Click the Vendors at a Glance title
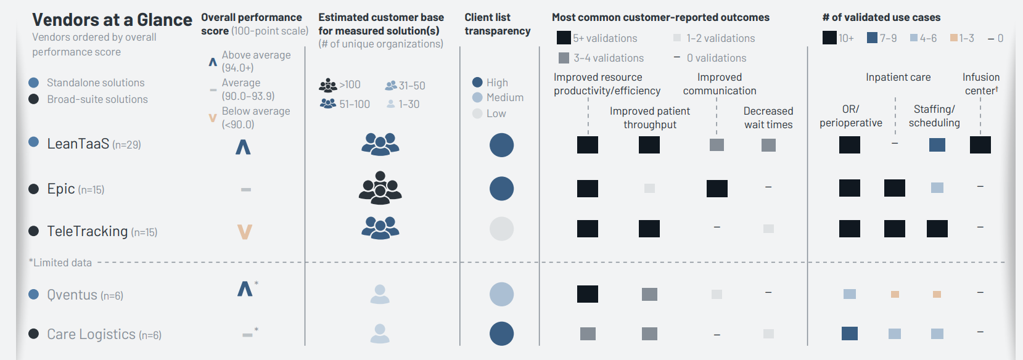tap(112, 20)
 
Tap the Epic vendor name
tap(61, 189)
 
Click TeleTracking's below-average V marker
tap(245, 232)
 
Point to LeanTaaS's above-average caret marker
tap(243, 147)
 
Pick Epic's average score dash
tap(246, 189)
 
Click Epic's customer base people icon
tap(380, 188)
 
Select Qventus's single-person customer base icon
tap(380, 294)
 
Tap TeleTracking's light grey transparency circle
tap(501, 229)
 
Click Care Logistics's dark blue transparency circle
tap(501, 333)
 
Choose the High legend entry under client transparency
tap(497, 83)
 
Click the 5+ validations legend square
tap(564, 38)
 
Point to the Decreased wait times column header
tap(768, 118)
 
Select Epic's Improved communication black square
tap(717, 188)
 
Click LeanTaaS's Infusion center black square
tap(980, 145)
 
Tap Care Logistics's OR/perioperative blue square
tap(850, 333)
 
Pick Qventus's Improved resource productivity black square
tap(588, 294)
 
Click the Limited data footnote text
tap(60, 263)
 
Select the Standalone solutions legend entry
tap(96, 83)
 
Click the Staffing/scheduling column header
tap(934, 116)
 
